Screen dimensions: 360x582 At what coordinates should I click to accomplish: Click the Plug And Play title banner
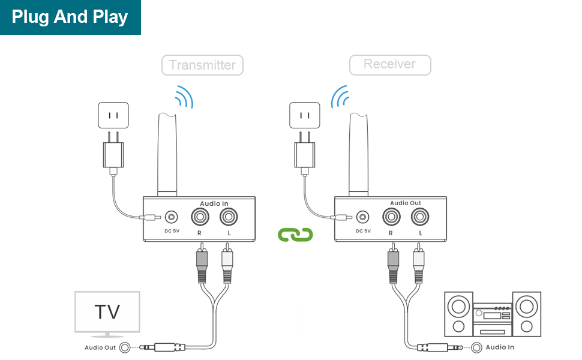pyautogui.click(x=70, y=17)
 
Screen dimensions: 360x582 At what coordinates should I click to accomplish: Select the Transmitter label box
pyautogui.click(x=202, y=65)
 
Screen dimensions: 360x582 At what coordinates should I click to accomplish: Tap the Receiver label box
pyautogui.click(x=389, y=64)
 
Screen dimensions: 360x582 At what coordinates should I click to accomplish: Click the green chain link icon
pyautogui.click(x=296, y=234)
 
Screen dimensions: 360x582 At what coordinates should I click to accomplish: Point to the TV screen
pyautogui.click(x=107, y=311)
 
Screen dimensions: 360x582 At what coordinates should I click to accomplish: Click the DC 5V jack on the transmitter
pyautogui.click(x=172, y=217)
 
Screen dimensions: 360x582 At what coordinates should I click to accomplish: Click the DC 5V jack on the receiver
pyautogui.click(x=362, y=217)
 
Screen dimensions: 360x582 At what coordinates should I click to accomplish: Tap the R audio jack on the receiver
pyautogui.click(x=391, y=217)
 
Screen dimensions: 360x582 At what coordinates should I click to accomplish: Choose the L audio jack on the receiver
pyautogui.click(x=419, y=217)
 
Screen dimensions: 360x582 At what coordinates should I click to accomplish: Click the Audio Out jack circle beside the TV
pyautogui.click(x=125, y=347)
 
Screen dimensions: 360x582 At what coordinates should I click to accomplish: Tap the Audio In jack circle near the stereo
pyautogui.click(x=477, y=347)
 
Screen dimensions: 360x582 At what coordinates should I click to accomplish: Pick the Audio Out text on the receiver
pyautogui.click(x=405, y=203)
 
